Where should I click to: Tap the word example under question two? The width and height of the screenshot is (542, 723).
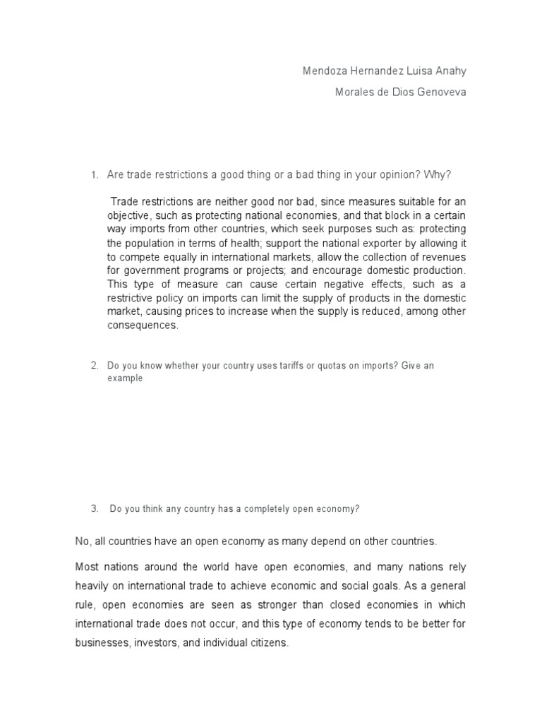pyautogui.click(x=125, y=378)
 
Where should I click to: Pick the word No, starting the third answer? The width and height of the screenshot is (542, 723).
pyautogui.click(x=83, y=542)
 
